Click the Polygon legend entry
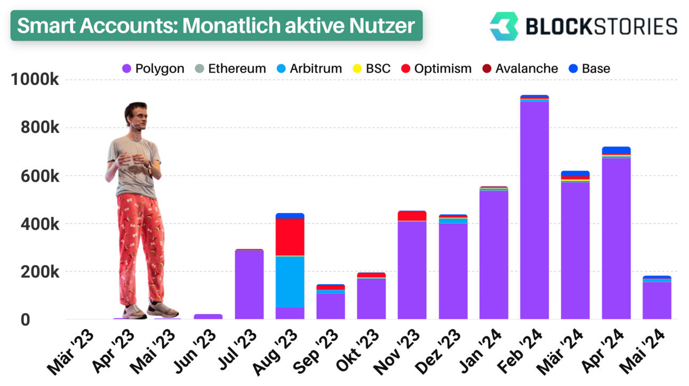(153, 68)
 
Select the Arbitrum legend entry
(309, 68)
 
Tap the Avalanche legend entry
(520, 68)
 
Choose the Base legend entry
(589, 68)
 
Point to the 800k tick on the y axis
(39, 127)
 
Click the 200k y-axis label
(39, 272)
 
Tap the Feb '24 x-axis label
(520, 351)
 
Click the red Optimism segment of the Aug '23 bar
(290, 237)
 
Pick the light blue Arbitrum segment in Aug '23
(290, 282)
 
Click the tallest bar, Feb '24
(534, 207)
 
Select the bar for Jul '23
(249, 284)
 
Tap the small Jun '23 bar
(208, 317)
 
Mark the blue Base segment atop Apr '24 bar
(616, 150)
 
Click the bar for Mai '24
(657, 297)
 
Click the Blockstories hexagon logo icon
(504, 26)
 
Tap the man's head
(137, 115)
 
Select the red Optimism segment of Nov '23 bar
(412, 216)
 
